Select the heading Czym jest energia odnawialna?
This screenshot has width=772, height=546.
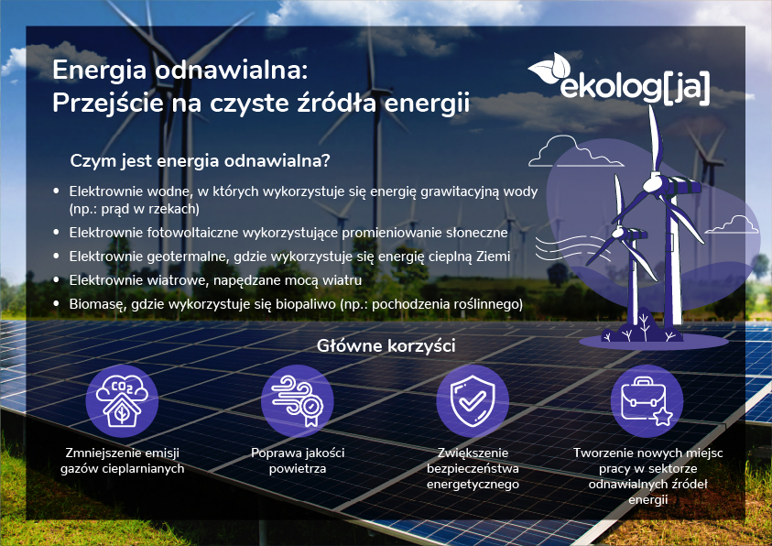200,160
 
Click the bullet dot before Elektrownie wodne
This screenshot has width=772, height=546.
57,191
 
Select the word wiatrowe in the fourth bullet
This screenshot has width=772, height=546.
183,279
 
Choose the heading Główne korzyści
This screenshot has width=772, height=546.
386,346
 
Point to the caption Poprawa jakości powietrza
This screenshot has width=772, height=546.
298,461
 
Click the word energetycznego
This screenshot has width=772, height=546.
473,484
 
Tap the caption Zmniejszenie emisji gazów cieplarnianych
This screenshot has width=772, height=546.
122,461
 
